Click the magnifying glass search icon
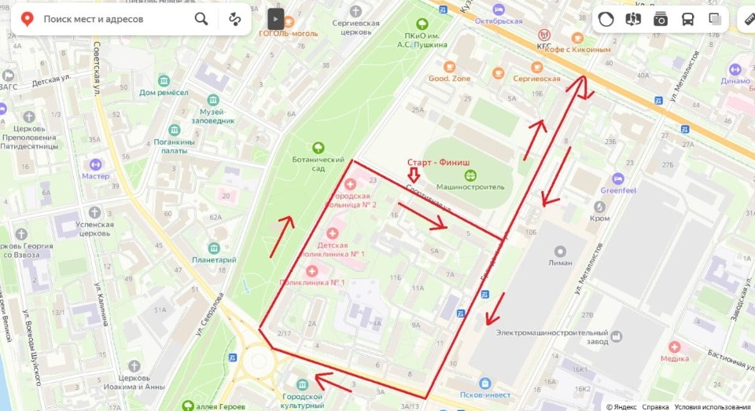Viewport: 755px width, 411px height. [x=201, y=19]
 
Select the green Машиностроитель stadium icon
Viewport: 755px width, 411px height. [x=470, y=175]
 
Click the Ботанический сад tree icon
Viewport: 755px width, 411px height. [x=319, y=147]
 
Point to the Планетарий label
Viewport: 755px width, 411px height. [x=215, y=260]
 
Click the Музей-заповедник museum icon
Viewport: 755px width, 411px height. [x=213, y=101]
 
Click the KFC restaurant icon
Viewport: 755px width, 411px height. [x=543, y=35]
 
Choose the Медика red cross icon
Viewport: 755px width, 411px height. [x=674, y=347]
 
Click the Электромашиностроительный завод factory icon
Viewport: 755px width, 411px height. [x=616, y=336]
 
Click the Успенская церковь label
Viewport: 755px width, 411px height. [x=94, y=229]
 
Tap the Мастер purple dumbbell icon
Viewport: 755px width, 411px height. [x=95, y=164]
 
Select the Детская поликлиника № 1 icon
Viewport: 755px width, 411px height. [x=333, y=233]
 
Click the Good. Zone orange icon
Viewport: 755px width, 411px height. [x=450, y=68]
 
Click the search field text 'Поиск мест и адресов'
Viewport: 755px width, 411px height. [x=94, y=19]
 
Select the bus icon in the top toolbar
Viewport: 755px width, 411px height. [x=687, y=19]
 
